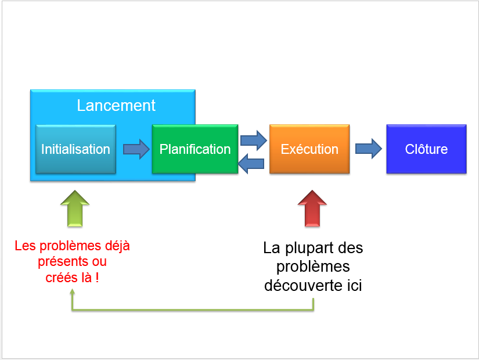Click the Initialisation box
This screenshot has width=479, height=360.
click(75, 149)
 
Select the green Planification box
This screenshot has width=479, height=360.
click(195, 149)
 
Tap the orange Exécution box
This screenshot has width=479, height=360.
click(309, 149)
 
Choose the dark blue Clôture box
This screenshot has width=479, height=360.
click(427, 149)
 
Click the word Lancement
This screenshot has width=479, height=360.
click(116, 106)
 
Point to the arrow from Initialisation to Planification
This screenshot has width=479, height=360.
click(136, 149)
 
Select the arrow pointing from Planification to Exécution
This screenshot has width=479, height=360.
click(254, 141)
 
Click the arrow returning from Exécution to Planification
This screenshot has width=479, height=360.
click(251, 164)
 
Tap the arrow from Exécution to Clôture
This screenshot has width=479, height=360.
click(369, 149)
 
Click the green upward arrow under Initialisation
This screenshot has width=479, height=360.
click(75, 208)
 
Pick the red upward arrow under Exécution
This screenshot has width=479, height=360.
click(312, 208)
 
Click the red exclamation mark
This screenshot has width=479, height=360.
click(97, 278)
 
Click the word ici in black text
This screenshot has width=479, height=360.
click(354, 286)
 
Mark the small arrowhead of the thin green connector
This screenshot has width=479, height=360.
click(73, 293)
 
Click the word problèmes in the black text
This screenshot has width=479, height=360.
click(313, 267)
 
